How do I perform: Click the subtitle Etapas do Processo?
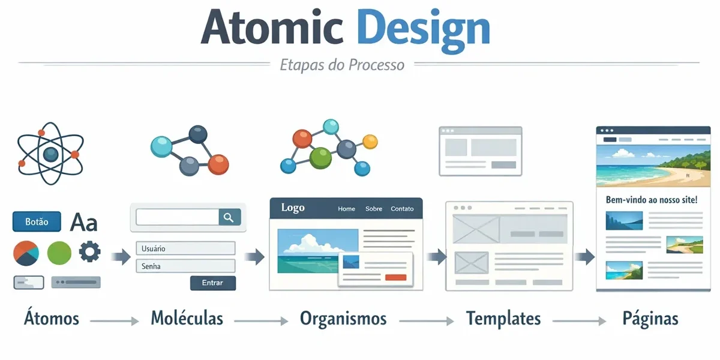click(342, 64)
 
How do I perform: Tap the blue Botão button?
click(37, 221)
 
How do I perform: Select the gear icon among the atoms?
click(90, 251)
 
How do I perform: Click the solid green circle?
click(59, 253)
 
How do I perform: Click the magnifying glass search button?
click(229, 217)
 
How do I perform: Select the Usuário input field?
click(185, 248)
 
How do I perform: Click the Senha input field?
click(185, 266)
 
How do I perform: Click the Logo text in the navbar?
click(293, 208)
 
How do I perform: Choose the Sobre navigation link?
click(373, 209)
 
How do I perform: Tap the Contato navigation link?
click(402, 209)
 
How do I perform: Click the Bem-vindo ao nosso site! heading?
click(652, 200)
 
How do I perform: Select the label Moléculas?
click(187, 318)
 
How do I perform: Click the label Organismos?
click(343, 318)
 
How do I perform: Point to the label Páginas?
click(650, 318)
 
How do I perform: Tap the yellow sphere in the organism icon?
click(370, 142)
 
